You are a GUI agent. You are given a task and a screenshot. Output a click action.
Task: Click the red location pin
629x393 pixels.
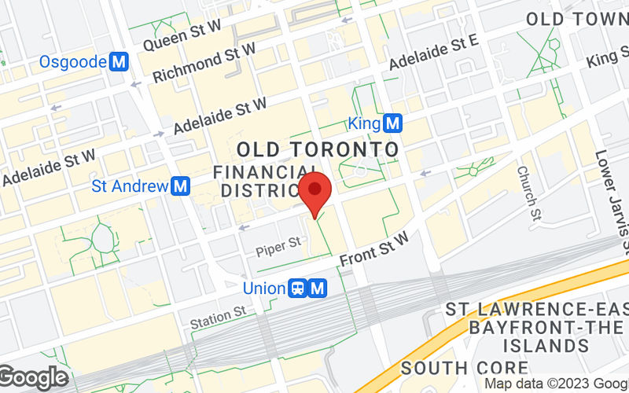[x=315, y=191]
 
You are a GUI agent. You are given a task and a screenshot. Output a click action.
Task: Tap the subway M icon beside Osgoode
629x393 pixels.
[x=120, y=61]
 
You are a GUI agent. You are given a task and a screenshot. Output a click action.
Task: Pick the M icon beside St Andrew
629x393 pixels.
[x=182, y=186]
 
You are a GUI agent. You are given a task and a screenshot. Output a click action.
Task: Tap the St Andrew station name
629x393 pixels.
[x=131, y=186]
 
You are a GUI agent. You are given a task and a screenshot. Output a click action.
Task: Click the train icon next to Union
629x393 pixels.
[x=299, y=288]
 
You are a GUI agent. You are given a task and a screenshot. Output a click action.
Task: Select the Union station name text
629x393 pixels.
[x=264, y=288]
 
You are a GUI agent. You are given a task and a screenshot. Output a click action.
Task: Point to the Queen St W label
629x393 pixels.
[x=181, y=35]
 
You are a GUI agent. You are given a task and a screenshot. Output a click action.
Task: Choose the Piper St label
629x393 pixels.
[x=279, y=249]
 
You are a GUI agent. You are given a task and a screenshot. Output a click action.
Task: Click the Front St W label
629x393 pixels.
[x=375, y=249]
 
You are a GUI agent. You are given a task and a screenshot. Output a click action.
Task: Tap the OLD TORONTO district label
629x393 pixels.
[x=318, y=149]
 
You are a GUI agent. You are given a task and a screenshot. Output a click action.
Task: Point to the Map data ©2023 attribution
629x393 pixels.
[x=555, y=384]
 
